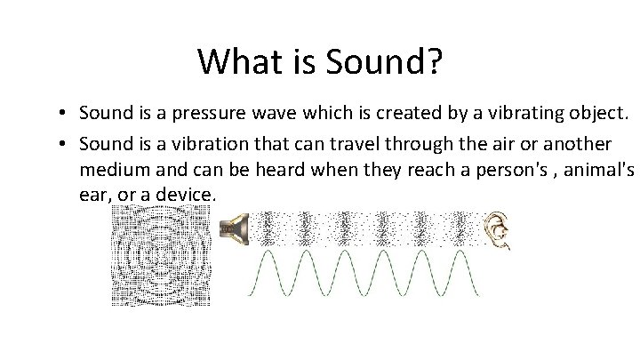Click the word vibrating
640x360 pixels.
pyautogui.click(x=484, y=114)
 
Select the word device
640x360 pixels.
pyautogui.click(x=182, y=194)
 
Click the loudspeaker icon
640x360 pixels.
pyautogui.click(x=233, y=229)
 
